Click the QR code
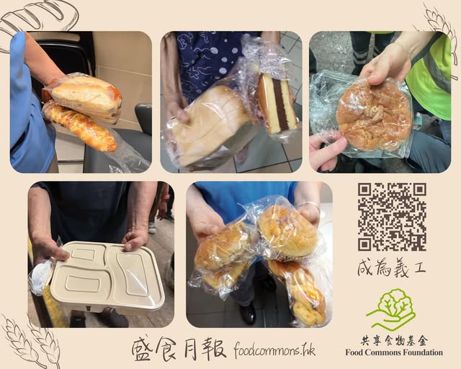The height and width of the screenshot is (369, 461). [392, 217]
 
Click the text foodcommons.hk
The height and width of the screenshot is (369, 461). [274, 350]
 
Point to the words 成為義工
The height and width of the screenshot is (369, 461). [391, 268]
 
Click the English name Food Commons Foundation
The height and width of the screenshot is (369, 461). [394, 352]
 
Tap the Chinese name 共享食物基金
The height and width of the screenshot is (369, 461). [394, 341]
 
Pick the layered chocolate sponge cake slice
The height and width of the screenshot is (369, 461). [277, 103]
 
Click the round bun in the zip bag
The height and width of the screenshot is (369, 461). [373, 116]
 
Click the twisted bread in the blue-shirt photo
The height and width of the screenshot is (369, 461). [298, 291]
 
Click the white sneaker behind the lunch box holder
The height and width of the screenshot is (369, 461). [152, 227]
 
